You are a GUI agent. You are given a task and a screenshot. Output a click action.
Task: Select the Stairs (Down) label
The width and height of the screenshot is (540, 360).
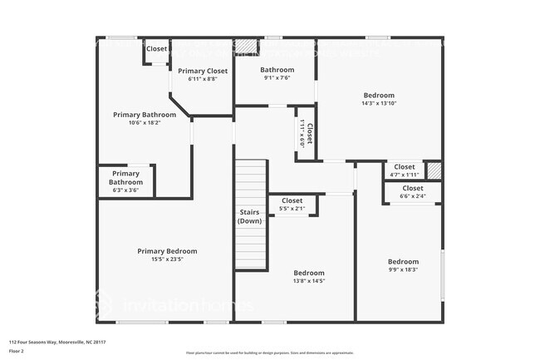point(250,216)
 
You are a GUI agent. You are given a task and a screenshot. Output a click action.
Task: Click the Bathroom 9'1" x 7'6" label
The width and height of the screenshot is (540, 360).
point(277,70)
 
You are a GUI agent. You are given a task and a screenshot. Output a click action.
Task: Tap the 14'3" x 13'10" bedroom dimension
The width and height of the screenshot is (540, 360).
point(378,104)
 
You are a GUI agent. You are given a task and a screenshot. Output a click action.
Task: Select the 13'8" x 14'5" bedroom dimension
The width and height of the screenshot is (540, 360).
point(308,281)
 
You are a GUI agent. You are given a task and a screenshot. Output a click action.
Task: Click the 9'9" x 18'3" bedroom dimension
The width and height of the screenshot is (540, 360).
point(403,269)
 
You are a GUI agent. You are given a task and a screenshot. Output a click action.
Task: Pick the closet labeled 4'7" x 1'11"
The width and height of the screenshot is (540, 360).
point(404,167)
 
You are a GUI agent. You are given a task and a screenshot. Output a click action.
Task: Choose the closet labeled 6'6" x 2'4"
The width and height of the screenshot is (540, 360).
point(412,188)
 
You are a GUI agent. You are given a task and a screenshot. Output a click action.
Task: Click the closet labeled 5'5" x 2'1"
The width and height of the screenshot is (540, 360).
point(292,200)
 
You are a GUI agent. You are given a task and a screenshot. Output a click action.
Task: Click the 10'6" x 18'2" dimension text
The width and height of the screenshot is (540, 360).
point(145,123)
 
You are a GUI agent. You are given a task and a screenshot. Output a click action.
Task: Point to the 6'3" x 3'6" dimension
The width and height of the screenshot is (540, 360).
point(126,190)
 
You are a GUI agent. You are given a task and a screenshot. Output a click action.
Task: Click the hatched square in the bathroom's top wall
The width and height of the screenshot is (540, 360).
point(244,46)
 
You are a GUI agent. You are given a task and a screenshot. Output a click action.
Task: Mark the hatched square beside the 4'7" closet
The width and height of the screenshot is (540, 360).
point(434,170)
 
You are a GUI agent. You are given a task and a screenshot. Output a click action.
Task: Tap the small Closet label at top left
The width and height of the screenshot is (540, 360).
point(156,49)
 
